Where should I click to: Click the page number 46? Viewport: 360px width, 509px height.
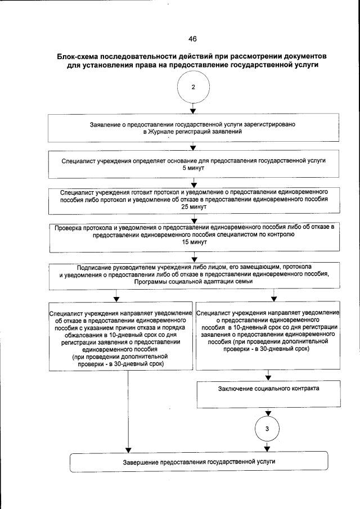(x=192, y=39)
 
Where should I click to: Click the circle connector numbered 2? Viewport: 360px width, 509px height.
(x=193, y=88)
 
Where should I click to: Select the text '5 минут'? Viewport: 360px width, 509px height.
(x=193, y=168)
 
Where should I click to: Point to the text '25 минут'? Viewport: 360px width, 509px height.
(x=193, y=207)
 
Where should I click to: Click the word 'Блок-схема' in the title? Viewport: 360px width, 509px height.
(x=79, y=57)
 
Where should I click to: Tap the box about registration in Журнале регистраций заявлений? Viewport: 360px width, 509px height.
(x=193, y=128)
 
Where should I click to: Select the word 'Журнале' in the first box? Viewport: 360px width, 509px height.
(x=159, y=131)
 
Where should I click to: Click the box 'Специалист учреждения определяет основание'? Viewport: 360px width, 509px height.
(x=193, y=164)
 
